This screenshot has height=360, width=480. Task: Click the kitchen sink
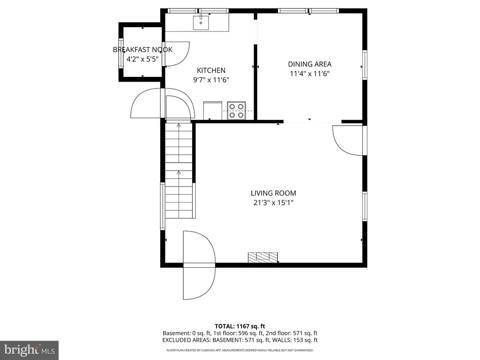(x=201, y=22)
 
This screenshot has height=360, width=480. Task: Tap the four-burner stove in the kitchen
(x=236, y=111)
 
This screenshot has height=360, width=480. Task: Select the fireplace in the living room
(x=262, y=257)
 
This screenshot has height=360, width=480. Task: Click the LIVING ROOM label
(x=273, y=193)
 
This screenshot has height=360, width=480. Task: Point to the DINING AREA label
(x=309, y=64)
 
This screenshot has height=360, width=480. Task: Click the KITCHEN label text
(x=211, y=70)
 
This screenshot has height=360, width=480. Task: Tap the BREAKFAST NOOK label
(x=142, y=50)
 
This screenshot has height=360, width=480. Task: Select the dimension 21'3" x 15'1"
(x=273, y=202)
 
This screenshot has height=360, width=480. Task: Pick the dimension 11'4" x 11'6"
(x=309, y=74)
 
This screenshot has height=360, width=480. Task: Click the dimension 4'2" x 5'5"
(x=142, y=59)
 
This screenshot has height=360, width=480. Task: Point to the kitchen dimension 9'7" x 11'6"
(x=211, y=80)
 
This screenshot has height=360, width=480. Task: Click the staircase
(x=179, y=170)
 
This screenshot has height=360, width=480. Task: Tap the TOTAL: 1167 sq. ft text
(x=240, y=326)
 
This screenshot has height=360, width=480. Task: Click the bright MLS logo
(x=29, y=350)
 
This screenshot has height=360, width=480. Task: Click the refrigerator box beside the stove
(x=212, y=111)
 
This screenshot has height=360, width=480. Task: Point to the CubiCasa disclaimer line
(x=240, y=350)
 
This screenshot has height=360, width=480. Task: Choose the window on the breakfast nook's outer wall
(x=120, y=54)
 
